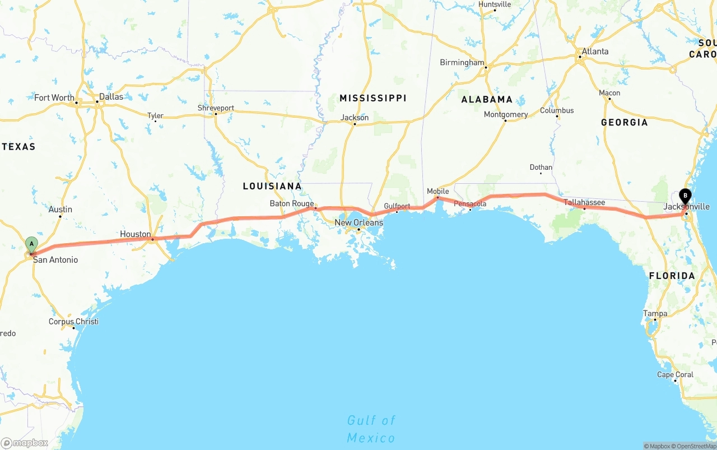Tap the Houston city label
[135, 234]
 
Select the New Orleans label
[359, 222]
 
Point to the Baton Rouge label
[291, 203]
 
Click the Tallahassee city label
[584, 202]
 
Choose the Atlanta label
[595, 52]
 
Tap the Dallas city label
[111, 96]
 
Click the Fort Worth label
[54, 98]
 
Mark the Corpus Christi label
[73, 322]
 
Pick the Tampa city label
[655, 314]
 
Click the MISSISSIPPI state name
[373, 98]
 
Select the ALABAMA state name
[487, 99]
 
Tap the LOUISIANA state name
[272, 186]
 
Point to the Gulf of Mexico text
[371, 429]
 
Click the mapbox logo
[25, 443]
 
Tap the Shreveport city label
[216, 108]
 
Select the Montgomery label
[506, 114]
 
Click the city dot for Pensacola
[470, 209]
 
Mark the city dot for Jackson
[355, 124]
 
